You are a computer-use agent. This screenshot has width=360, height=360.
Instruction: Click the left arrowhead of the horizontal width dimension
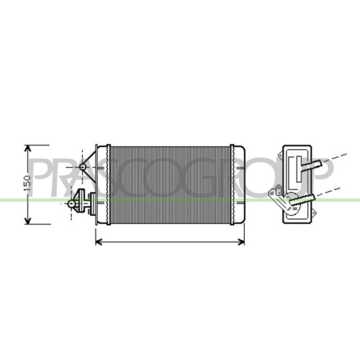point(99,240)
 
